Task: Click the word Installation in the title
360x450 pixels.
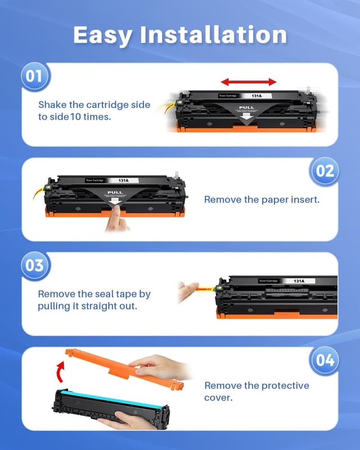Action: click(x=214, y=35)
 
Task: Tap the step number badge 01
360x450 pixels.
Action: click(x=35, y=76)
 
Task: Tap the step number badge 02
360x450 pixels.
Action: click(x=325, y=170)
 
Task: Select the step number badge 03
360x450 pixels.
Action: click(x=35, y=265)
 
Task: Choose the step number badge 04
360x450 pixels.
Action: click(x=325, y=360)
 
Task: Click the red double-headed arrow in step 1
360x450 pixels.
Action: click(x=248, y=82)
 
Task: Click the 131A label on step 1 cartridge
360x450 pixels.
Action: click(x=255, y=96)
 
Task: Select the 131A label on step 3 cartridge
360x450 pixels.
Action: click(x=299, y=281)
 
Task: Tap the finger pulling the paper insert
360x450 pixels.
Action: click(x=117, y=218)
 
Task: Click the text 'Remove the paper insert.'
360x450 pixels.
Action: click(x=262, y=200)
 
